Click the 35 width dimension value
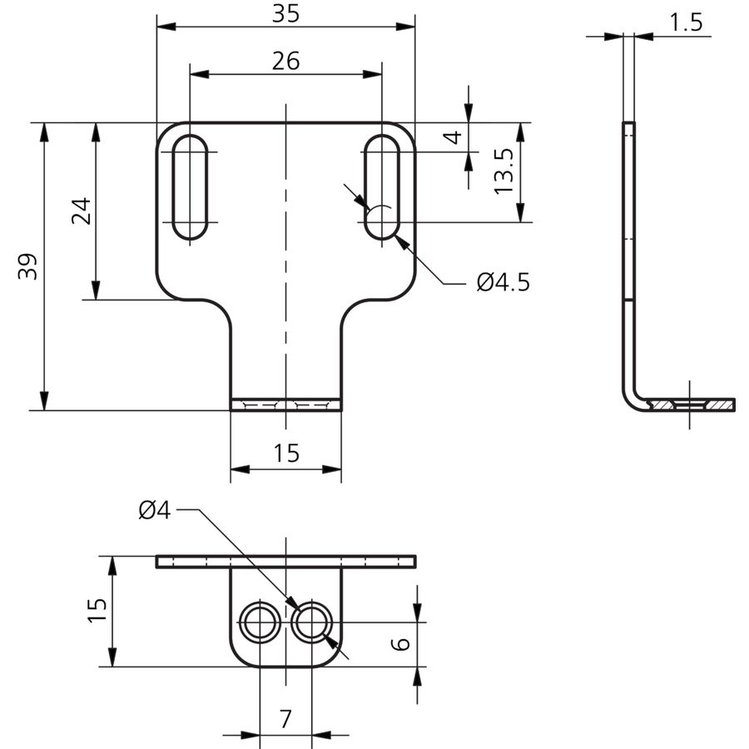point(285,13)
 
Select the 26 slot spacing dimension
point(285,61)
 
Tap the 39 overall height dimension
point(27,266)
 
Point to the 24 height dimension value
point(81,211)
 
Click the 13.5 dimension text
point(503,171)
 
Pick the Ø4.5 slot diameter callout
point(503,282)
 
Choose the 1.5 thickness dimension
point(686,22)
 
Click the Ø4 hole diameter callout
point(154,510)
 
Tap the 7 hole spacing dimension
point(285,719)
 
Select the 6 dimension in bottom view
point(400,643)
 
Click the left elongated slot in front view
point(190,186)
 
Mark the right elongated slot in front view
point(382,186)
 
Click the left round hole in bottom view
point(260,622)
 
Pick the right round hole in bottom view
point(311,622)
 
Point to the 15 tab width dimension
point(286,453)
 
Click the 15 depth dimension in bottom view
point(97,610)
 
